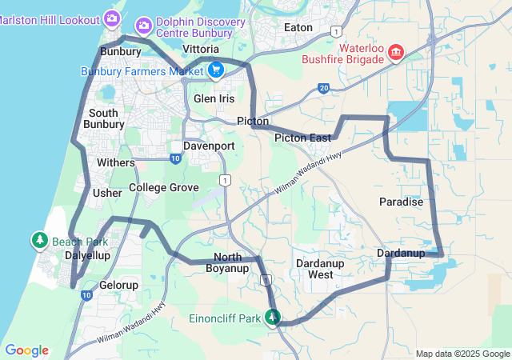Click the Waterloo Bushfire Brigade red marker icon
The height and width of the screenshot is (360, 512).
(395, 54)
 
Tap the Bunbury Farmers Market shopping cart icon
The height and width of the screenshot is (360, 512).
(215, 70)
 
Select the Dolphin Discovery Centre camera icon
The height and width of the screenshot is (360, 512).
(144, 26)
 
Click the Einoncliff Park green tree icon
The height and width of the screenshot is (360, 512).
(273, 318)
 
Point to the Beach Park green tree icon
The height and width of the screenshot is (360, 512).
(39, 240)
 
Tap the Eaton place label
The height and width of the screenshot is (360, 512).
(299, 26)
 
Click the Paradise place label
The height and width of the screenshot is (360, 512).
(401, 202)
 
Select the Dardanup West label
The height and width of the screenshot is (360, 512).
(314, 268)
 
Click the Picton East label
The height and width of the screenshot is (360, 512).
(302, 138)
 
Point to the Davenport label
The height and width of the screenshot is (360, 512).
(209, 146)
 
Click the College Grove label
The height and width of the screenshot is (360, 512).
(163, 187)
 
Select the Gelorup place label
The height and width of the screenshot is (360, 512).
(119, 285)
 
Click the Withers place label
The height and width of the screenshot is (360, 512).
(116, 162)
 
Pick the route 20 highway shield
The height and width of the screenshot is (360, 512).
(323, 88)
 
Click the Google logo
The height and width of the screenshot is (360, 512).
(26, 350)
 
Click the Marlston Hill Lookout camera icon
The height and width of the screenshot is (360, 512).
(111, 17)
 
